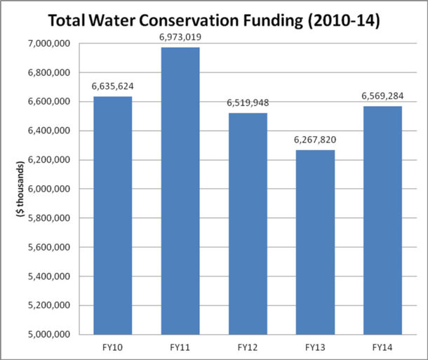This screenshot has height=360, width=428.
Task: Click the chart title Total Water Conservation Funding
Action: (214, 21)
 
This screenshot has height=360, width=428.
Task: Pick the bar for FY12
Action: (247, 224)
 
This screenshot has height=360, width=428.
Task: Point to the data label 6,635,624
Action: (112, 87)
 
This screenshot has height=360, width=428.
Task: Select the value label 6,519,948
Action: (247, 103)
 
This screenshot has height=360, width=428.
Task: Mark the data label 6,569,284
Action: (382, 97)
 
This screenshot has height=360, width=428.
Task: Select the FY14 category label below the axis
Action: (382, 347)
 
